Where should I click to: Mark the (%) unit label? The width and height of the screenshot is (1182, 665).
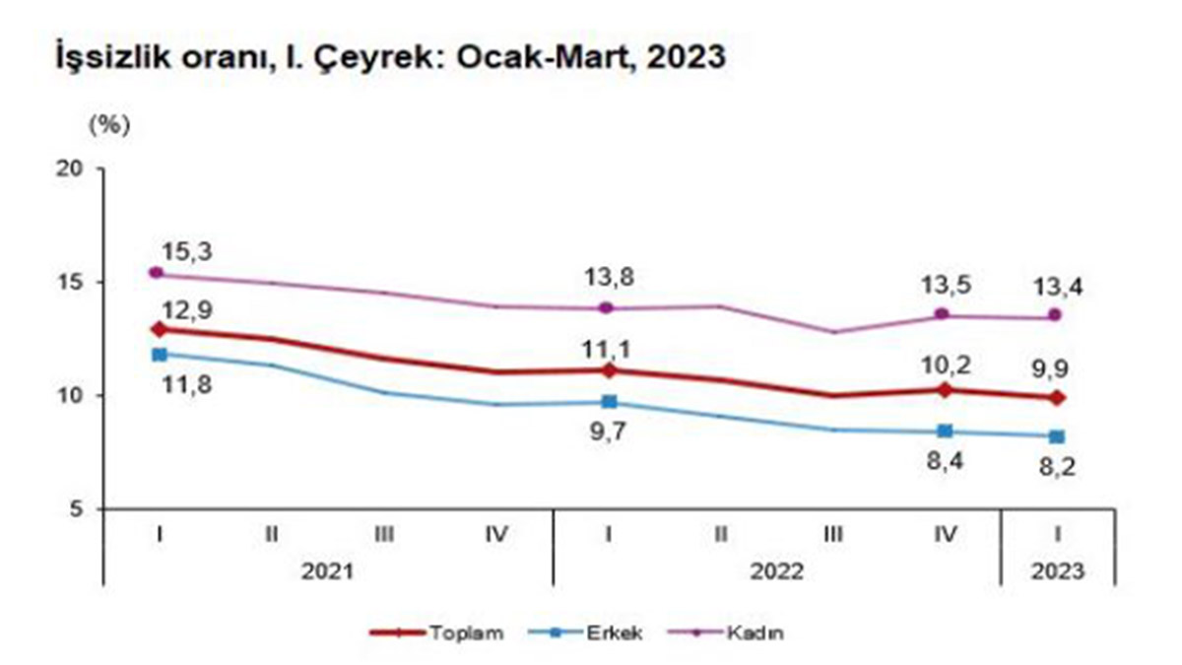click(108, 125)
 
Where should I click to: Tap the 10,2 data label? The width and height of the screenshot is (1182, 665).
click(943, 366)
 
